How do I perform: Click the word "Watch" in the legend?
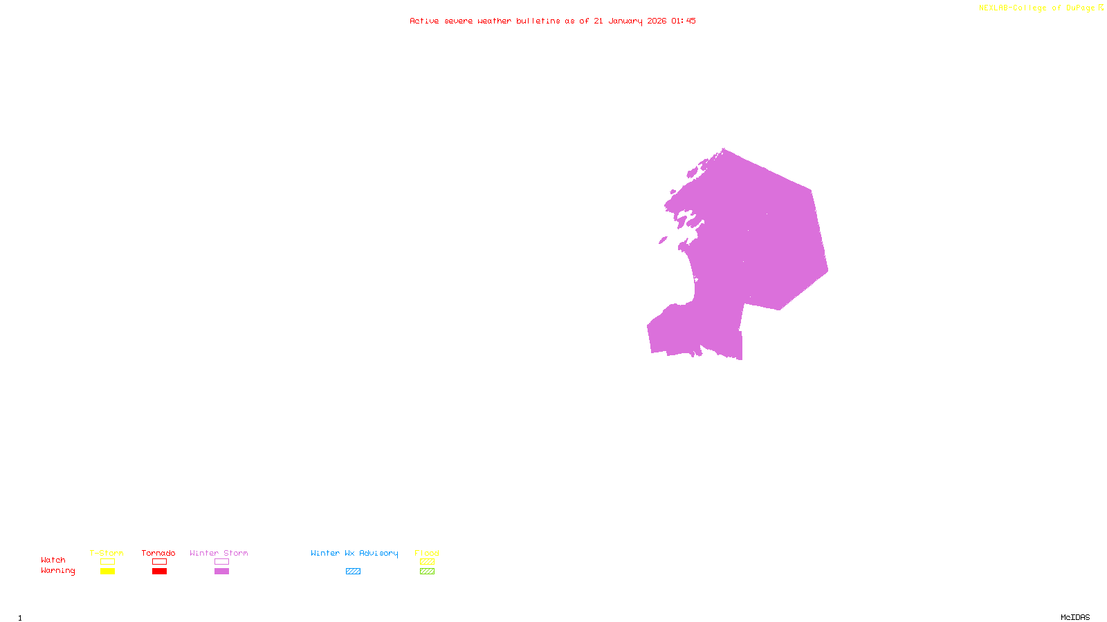tap(53, 560)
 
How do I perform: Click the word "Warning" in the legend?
tap(57, 571)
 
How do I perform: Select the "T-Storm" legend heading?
tap(107, 553)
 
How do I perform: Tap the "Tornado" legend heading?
tap(158, 553)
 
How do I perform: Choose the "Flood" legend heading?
tap(427, 553)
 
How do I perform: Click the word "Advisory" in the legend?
tap(378, 553)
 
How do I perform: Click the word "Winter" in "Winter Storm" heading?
tap(203, 553)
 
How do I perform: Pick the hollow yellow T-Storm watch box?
tap(107, 562)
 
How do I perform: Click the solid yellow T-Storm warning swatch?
tap(107, 572)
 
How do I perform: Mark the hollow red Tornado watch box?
tap(159, 562)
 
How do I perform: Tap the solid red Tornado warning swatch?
tap(159, 572)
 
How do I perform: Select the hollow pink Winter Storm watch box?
tap(221, 562)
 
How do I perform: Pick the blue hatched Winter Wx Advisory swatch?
tap(353, 572)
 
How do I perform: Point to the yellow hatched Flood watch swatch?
tap(427, 562)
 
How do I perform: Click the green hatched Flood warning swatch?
tap(427, 572)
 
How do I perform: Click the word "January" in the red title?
tap(625, 21)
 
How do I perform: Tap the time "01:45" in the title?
tap(683, 21)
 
